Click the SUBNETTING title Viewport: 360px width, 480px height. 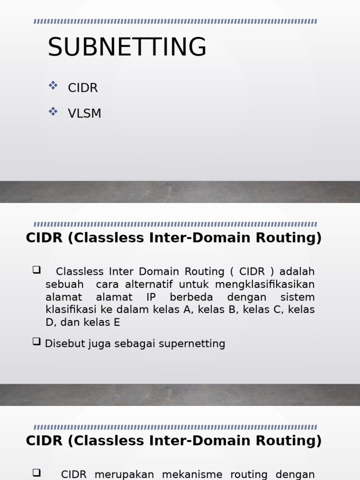(127, 47)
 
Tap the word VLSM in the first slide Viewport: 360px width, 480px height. (84, 114)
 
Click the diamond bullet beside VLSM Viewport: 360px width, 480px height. (53, 112)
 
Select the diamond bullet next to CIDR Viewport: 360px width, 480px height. (53, 86)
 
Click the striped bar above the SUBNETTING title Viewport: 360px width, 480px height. (175, 22)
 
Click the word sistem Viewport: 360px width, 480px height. (297, 297)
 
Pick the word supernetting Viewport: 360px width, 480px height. (192, 344)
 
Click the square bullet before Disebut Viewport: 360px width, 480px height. (37, 342)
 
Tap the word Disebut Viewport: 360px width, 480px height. (61, 344)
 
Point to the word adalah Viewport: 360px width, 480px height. (297, 272)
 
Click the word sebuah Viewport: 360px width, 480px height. (65, 285)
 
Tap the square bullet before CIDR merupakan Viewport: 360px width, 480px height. (37, 472)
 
